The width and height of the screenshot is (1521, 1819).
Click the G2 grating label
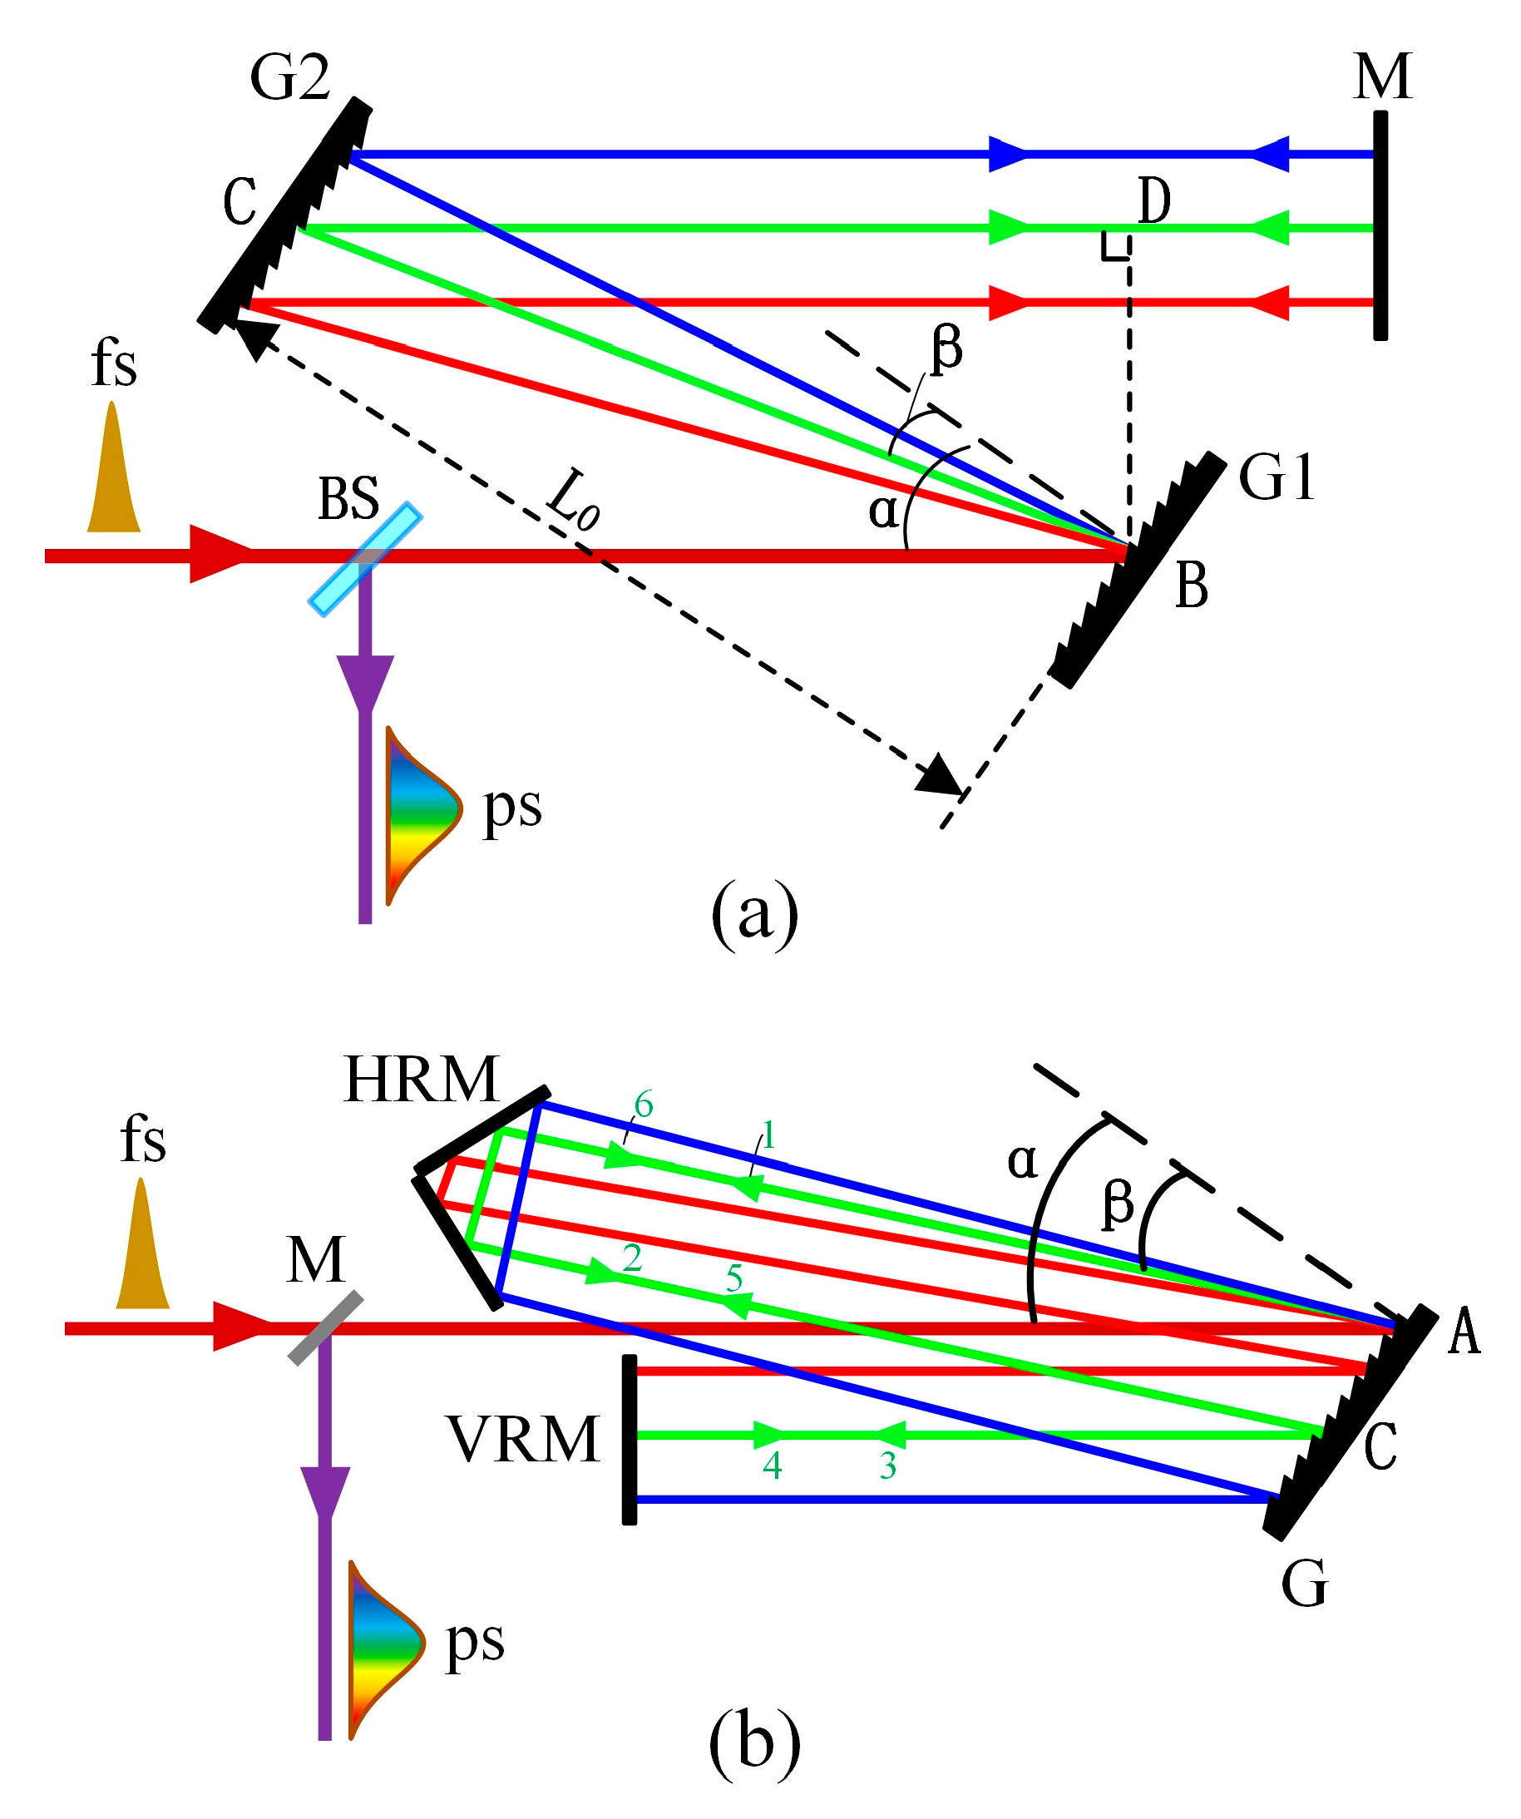[x=290, y=78]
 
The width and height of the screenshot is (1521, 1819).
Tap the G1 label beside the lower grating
[x=1276, y=478]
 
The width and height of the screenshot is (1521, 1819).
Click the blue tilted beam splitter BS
[x=366, y=560]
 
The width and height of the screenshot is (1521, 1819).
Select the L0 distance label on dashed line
[x=574, y=503]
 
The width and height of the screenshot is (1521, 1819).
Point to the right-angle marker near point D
[x=1115, y=247]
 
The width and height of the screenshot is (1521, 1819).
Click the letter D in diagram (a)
[x=1153, y=201]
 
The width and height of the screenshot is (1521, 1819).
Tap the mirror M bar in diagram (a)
[x=1380, y=225]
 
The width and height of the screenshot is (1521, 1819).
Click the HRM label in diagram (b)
[x=422, y=1080]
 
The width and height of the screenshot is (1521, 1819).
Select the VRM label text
[x=523, y=1441]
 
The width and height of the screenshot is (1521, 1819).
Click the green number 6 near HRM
[x=644, y=1105]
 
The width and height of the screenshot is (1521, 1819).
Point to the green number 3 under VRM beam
[x=888, y=1466]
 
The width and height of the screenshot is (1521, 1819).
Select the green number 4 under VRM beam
[x=773, y=1466]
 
